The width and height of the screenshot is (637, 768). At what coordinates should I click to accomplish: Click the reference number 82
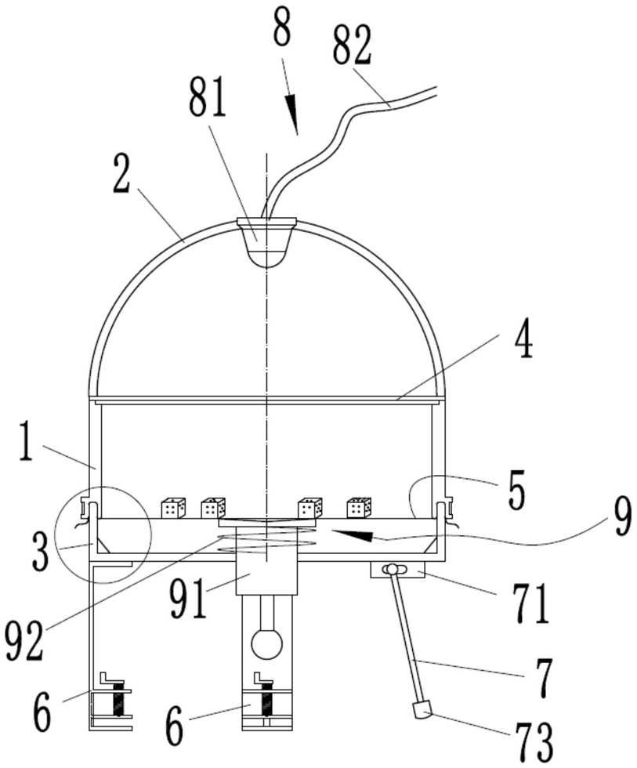353,45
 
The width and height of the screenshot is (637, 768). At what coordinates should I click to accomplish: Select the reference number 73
534,744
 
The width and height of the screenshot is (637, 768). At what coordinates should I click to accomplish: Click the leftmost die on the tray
173,508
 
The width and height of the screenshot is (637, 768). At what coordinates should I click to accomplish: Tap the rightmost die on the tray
359,508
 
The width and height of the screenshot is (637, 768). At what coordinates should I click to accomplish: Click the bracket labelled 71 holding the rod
397,570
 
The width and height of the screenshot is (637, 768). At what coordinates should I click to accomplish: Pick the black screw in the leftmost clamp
118,699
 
